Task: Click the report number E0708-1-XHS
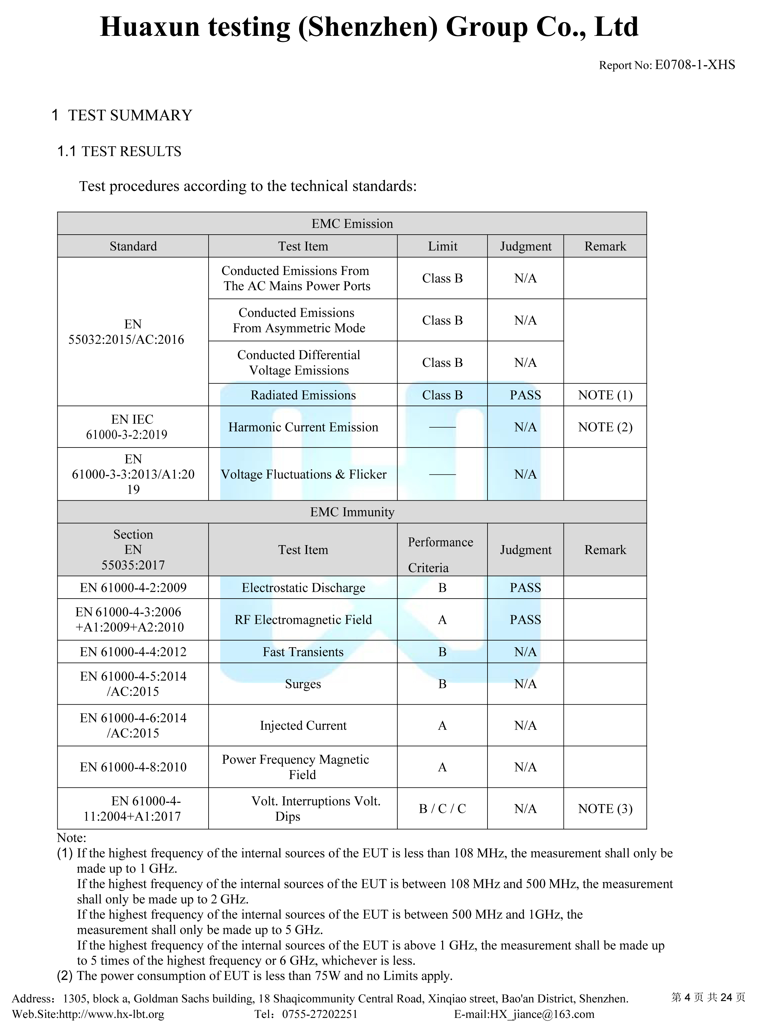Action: [695, 65]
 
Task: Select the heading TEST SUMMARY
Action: [130, 115]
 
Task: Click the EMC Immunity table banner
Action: [352, 512]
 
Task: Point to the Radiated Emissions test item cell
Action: [303, 395]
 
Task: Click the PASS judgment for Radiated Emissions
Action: [525, 395]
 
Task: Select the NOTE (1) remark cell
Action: [605, 395]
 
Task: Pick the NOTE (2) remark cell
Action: [605, 427]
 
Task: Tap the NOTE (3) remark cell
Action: [605, 808]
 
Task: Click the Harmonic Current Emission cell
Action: [303, 427]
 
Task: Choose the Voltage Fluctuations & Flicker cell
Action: [303, 474]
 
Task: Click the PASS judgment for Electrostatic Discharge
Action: [525, 588]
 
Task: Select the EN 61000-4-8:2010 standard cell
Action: [133, 767]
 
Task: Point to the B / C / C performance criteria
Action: [442, 808]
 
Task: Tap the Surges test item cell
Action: [303, 684]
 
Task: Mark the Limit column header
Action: [442, 246]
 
